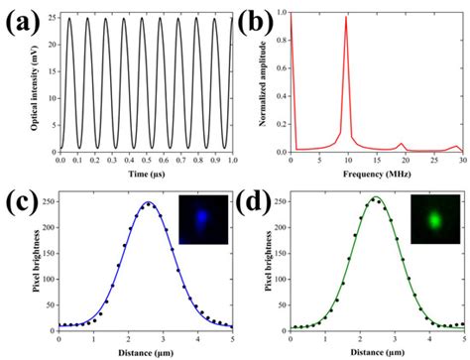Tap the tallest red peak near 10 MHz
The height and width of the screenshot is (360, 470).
coord(346,18)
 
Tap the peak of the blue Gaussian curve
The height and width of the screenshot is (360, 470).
coord(149,203)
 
